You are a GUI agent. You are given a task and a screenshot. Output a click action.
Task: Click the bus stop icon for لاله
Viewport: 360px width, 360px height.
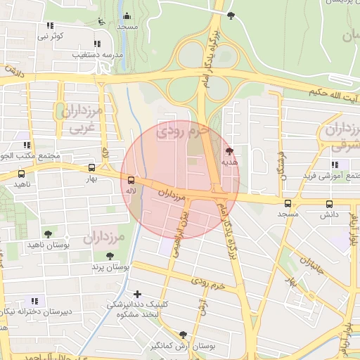[x=130, y=181]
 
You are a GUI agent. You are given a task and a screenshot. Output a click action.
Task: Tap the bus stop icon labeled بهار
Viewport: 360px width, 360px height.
[x=91, y=168]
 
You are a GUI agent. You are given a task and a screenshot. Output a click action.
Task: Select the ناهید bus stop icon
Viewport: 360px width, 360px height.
[x=21, y=174]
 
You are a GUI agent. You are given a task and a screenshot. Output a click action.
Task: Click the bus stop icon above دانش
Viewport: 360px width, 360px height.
[x=329, y=204]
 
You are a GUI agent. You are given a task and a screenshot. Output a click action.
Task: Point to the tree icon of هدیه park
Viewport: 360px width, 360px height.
[x=230, y=151]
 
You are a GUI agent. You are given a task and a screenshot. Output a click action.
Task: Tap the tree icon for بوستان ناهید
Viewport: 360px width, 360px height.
[x=48, y=233]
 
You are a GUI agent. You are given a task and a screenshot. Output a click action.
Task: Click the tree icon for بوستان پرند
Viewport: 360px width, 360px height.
[x=109, y=256]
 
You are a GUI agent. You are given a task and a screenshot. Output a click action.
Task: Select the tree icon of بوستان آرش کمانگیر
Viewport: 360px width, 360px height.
[x=184, y=335]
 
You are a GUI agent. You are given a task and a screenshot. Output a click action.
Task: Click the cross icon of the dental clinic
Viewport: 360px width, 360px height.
[x=136, y=293]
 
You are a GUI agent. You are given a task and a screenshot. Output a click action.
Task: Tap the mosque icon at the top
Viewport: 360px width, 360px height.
[x=127, y=16]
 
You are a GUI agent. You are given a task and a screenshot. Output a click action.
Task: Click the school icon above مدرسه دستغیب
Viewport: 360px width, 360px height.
[x=96, y=44]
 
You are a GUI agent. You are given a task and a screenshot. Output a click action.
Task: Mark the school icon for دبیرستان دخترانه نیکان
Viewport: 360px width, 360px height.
[x=34, y=301]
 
